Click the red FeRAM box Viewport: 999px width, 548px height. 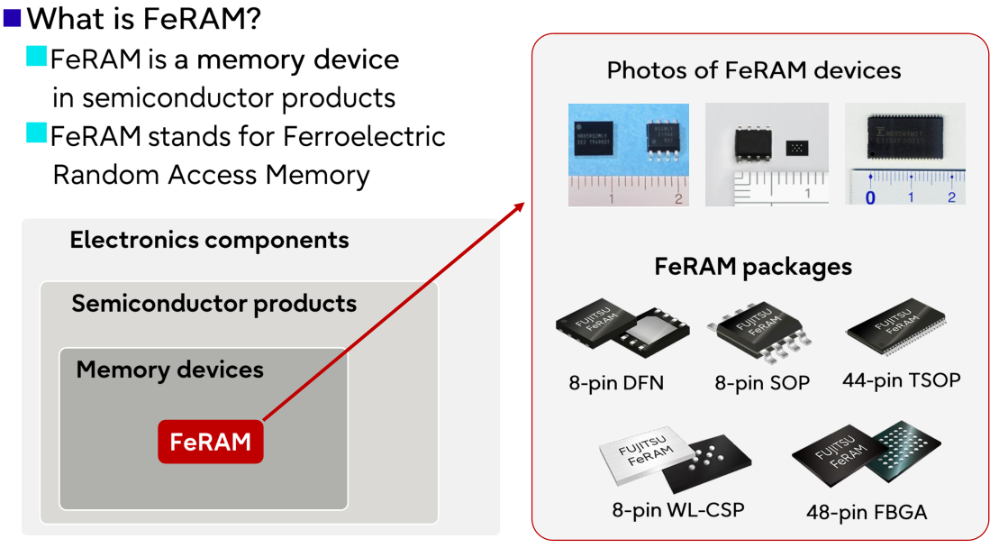(210, 442)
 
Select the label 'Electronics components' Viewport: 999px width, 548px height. (209, 241)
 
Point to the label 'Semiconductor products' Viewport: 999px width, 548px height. (213, 304)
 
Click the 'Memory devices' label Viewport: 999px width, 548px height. (169, 370)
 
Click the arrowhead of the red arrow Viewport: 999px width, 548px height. (519, 206)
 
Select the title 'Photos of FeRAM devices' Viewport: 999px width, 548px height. (753, 70)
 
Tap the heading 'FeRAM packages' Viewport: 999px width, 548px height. (753, 267)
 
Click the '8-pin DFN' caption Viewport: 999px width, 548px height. (616, 383)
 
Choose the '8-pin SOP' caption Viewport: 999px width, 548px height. (762, 383)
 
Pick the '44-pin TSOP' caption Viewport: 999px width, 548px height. (901, 380)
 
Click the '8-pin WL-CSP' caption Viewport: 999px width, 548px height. (678, 509)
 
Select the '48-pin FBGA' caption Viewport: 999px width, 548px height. (867, 513)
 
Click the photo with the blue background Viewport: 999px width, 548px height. (628, 154)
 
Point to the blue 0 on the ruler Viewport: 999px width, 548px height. (870, 196)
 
